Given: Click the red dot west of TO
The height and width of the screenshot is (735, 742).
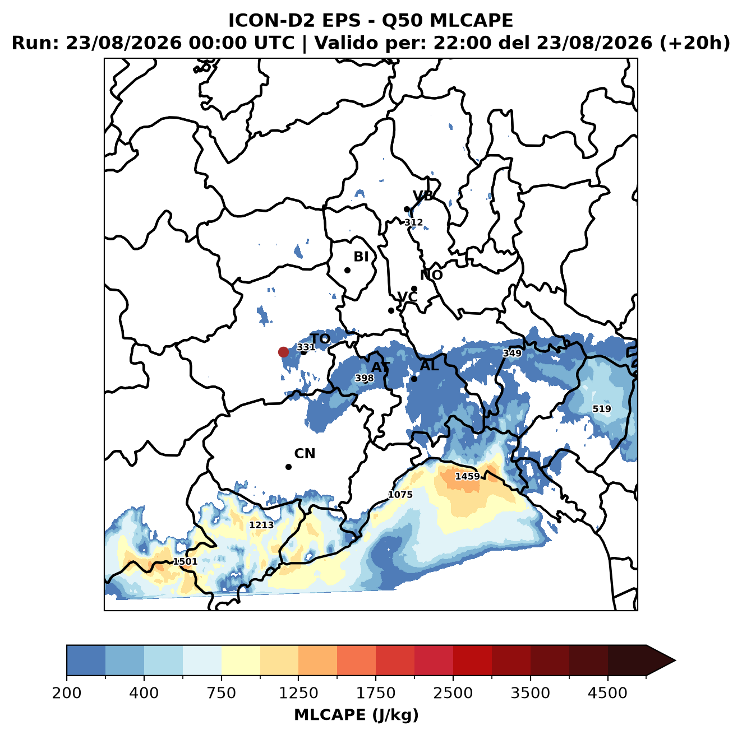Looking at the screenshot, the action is (283, 352).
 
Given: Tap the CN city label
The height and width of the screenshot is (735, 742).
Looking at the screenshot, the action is (305, 454).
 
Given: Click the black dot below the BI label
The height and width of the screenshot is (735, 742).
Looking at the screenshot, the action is (347, 270).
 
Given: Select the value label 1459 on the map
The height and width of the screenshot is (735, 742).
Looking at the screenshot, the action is (467, 476).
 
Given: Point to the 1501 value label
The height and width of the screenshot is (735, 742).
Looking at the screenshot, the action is (185, 561).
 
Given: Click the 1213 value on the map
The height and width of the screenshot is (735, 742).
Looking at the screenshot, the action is (261, 524).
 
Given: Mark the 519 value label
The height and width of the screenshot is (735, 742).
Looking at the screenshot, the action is (601, 408).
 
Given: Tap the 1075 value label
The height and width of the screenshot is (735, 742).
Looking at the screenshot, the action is (400, 494).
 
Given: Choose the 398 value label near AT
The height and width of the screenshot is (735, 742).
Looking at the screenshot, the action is (364, 378).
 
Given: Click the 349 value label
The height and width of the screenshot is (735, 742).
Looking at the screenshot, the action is (512, 353).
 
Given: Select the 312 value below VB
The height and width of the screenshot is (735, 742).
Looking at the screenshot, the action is (413, 222).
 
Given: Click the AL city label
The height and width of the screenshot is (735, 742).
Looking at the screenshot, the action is (430, 365).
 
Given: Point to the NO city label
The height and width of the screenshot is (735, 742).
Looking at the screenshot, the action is (431, 275).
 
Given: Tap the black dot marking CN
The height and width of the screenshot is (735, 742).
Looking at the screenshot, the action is (288, 467).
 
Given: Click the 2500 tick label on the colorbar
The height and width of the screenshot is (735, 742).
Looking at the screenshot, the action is (453, 693).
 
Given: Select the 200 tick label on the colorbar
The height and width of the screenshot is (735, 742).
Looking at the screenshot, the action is (67, 693).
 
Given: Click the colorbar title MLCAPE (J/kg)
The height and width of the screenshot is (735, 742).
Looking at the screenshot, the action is (356, 715).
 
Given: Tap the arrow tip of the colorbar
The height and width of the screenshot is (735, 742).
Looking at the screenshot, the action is (675, 661).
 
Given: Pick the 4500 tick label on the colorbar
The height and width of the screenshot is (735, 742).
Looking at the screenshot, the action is (607, 693).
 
